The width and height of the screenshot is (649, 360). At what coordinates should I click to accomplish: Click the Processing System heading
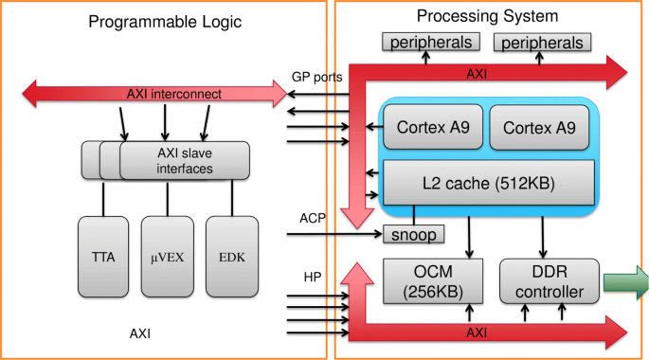[486, 16]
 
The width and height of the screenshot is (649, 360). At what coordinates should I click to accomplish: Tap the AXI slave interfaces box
[185, 160]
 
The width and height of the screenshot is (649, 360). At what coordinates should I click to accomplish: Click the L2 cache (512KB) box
[488, 179]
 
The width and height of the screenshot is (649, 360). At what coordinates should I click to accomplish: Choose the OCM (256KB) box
[424, 280]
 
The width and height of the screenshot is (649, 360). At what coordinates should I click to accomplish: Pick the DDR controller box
[550, 280]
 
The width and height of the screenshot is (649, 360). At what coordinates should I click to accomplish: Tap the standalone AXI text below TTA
[141, 333]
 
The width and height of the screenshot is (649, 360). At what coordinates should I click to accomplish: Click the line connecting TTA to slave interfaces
[102, 196]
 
